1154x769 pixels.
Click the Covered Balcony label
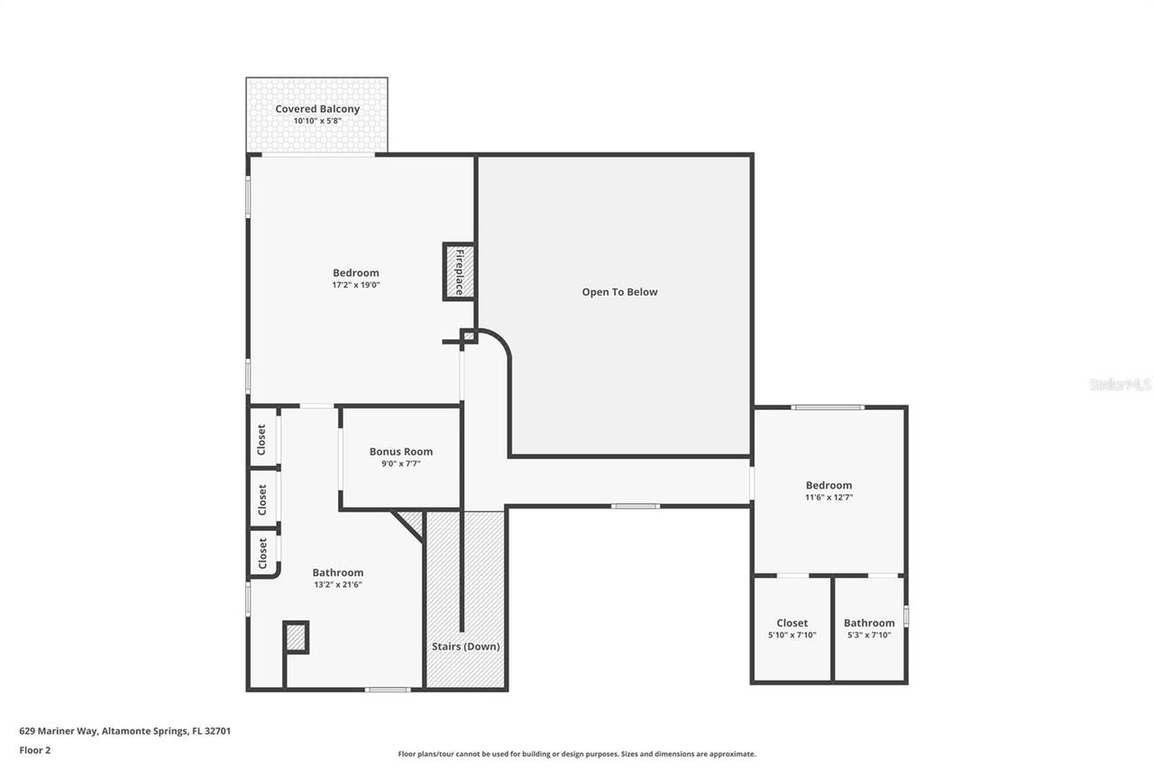tap(317, 109)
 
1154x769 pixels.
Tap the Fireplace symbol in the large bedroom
tap(459, 271)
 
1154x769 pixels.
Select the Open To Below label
tap(619, 292)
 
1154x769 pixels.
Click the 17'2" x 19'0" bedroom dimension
tap(355, 285)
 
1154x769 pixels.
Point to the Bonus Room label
tap(401, 452)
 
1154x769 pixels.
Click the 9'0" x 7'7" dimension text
tap(401, 463)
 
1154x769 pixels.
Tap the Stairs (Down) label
tap(465, 646)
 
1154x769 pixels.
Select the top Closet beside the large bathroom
tap(262, 439)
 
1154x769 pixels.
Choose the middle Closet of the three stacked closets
tap(262, 499)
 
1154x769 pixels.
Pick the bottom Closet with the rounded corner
tap(262, 553)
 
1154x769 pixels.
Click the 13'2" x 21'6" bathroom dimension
tap(338, 584)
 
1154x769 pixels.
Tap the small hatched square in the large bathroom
tap(296, 637)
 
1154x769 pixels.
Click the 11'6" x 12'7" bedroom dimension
tap(829, 497)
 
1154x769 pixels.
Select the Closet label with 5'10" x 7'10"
tap(792, 623)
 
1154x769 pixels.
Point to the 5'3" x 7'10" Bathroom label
tap(869, 623)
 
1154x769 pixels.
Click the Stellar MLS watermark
tap(1120, 384)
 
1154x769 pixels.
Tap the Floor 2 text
tap(34, 749)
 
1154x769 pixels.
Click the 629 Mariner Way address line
tap(124, 731)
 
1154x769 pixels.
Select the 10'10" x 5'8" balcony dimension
tap(317, 121)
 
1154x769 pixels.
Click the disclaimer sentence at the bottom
tap(577, 754)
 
